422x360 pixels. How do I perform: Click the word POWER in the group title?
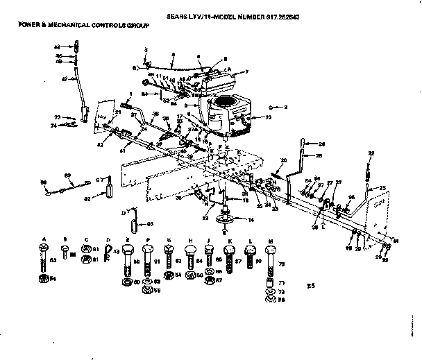click(x=28, y=24)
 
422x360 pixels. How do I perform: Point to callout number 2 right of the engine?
click(x=285, y=108)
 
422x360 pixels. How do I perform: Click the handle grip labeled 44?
click(x=78, y=46)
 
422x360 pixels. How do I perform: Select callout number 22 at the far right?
click(x=371, y=153)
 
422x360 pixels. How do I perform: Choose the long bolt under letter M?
click(x=270, y=259)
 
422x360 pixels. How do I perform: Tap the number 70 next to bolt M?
click(x=282, y=264)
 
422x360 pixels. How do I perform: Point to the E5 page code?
click(x=310, y=285)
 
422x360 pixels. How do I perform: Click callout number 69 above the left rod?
click(x=68, y=175)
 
